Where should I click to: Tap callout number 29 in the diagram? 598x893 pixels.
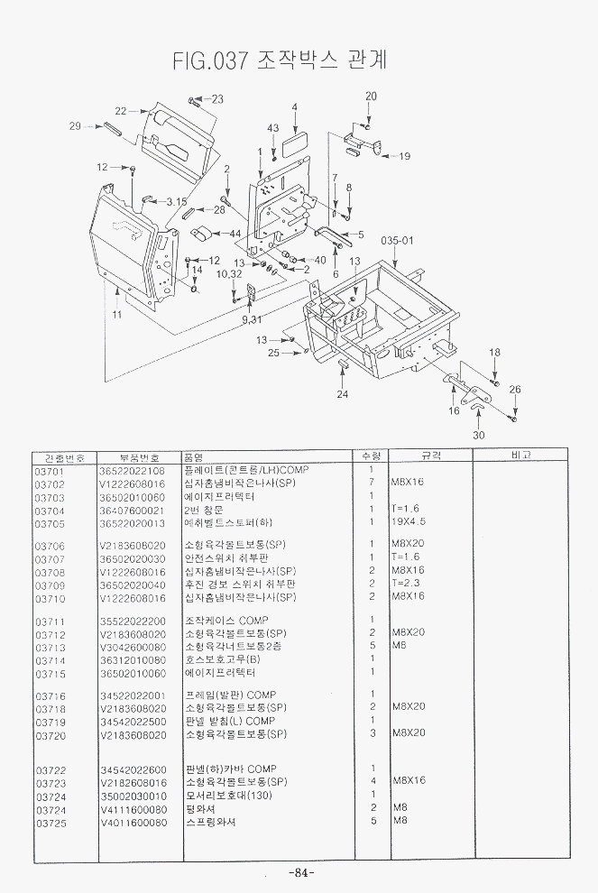pos(76,126)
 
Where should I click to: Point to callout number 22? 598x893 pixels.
pos(120,111)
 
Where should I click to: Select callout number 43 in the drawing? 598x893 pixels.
pos(272,128)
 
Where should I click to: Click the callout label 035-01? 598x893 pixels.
pos(396,241)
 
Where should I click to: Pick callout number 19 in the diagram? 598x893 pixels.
pos(404,156)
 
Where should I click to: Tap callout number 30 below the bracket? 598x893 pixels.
pos(478,434)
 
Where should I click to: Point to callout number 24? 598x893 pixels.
pos(342,394)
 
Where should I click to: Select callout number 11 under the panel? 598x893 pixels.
pos(116,314)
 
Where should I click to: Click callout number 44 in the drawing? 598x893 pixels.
pos(235,235)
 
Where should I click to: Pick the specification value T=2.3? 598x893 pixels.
pos(406,585)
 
